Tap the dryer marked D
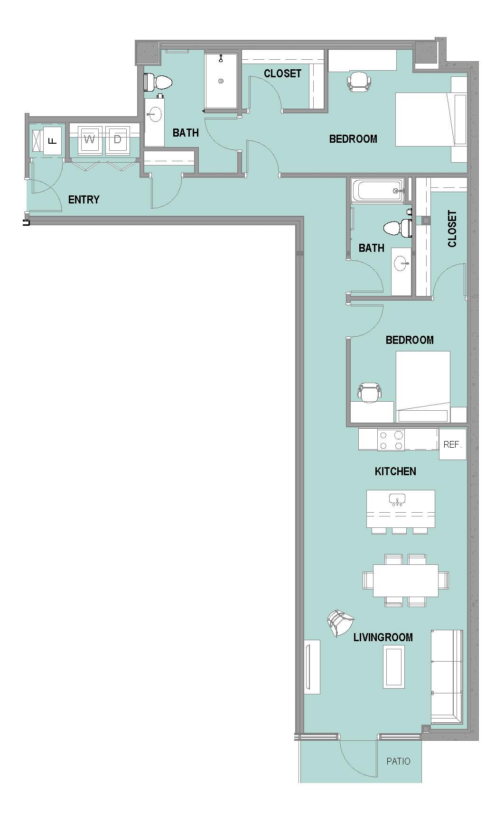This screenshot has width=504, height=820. tap(118, 140)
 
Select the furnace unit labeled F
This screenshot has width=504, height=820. tap(53, 140)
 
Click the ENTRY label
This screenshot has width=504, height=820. tap(84, 200)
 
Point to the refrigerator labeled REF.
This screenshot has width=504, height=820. tap(452, 444)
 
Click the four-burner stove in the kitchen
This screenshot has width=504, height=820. tap(391, 440)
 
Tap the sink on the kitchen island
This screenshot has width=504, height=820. tap(397, 499)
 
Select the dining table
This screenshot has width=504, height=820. tap(406, 580)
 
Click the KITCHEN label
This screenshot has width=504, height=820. tap(395, 471)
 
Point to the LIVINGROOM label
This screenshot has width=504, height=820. tap(383, 637)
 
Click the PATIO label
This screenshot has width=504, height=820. tap(398, 761)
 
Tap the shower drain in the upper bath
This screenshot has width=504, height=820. tap(221, 81)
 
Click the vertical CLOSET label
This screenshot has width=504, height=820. tap(452, 229)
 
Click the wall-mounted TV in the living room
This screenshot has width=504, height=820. tap(311, 667)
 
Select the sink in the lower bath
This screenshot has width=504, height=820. tap(401, 263)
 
